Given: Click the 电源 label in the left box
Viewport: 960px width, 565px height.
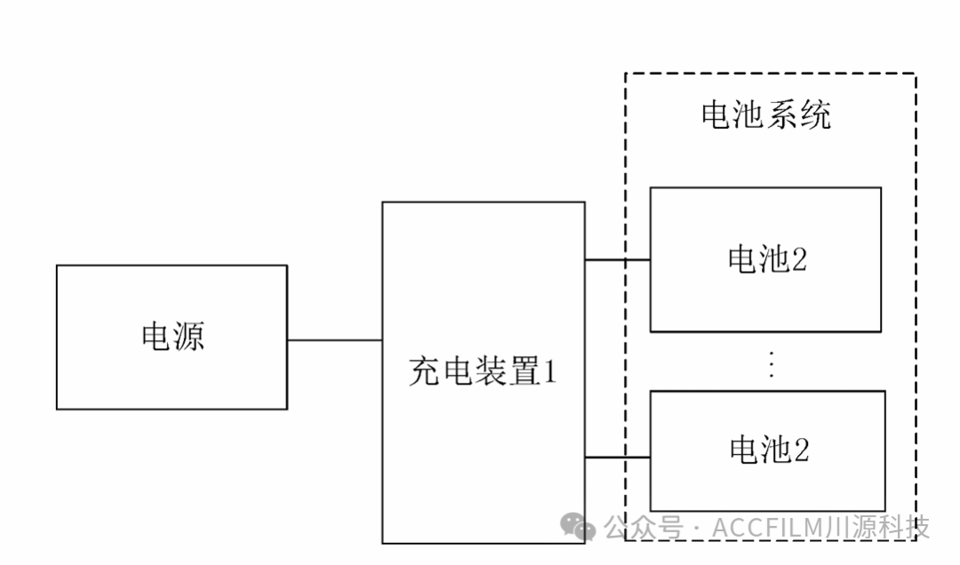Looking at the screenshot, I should [172, 336].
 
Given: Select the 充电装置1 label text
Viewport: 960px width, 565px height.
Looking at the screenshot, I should [483, 371].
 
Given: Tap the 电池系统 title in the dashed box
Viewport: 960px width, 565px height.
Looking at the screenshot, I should [765, 115].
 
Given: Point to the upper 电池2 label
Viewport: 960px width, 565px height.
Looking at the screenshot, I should [766, 259].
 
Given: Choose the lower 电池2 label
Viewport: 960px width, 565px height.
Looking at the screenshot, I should [768, 450].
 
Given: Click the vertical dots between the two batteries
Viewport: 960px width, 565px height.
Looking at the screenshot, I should [771, 364].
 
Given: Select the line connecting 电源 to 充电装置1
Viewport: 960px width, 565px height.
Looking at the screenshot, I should [334, 339].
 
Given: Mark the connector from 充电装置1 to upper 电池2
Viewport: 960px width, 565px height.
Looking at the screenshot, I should [617, 259].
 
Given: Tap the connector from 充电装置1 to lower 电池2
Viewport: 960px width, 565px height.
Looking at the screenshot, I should [617, 458].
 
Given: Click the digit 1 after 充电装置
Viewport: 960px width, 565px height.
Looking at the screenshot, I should [549, 371].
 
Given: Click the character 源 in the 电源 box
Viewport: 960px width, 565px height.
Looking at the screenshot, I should [188, 336].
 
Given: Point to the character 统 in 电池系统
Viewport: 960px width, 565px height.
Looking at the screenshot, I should [815, 115].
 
